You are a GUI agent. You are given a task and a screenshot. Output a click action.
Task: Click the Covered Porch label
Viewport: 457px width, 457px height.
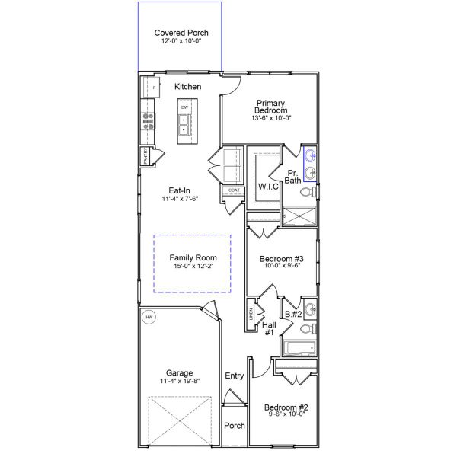[x=181, y=33]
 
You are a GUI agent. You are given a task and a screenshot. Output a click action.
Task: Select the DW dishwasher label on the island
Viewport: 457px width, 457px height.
[x=184, y=108]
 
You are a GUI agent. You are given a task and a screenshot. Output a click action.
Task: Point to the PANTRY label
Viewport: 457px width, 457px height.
[x=145, y=157]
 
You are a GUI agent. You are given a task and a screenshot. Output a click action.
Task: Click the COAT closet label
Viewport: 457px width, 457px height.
[x=232, y=190]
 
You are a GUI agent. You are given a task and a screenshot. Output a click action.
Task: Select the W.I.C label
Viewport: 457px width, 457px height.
[x=267, y=187]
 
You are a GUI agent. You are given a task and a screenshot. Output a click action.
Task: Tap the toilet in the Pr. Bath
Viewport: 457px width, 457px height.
[x=308, y=193]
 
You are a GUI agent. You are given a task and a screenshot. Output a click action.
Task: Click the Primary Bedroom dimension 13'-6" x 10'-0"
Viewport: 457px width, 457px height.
[x=270, y=118]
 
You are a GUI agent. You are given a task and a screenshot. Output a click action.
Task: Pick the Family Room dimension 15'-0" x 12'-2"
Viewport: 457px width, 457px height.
[x=193, y=267]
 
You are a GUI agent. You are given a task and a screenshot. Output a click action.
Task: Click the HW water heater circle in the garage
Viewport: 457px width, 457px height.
[x=149, y=319]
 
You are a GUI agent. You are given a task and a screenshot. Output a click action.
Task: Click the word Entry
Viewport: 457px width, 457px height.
[x=234, y=376]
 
